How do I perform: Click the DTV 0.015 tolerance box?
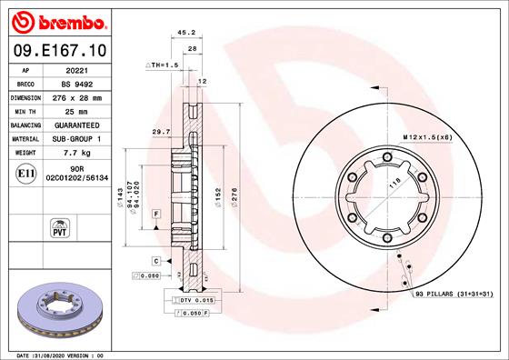click(194, 299)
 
